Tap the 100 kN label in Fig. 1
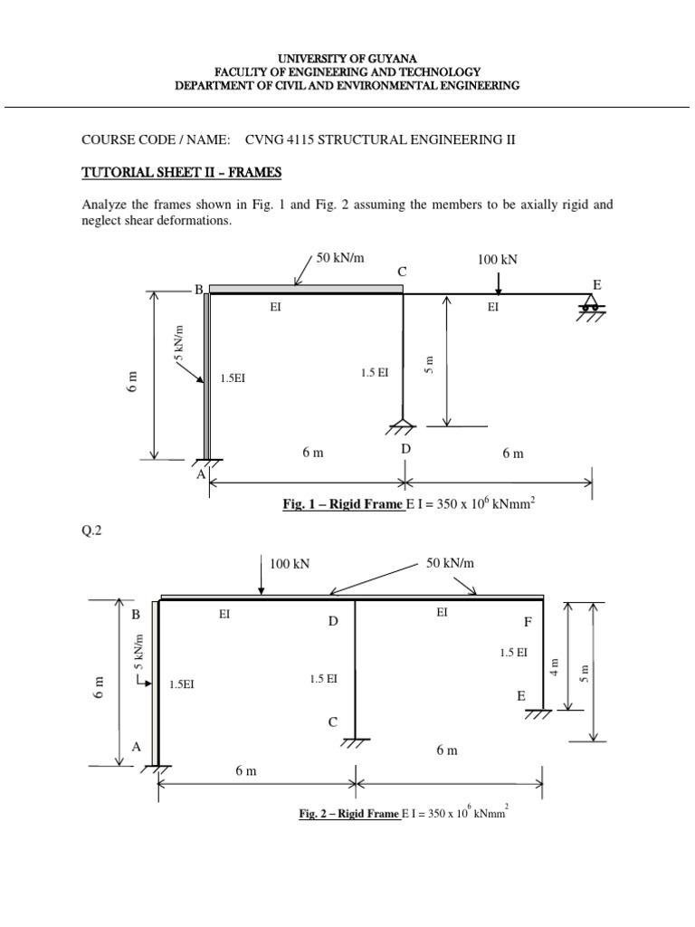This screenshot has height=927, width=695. (x=498, y=260)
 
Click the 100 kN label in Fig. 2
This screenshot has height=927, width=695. (x=290, y=563)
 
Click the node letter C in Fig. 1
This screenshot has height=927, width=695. (x=403, y=272)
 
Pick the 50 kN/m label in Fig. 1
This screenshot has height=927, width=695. (x=339, y=258)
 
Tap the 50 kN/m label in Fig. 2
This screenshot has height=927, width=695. (x=451, y=563)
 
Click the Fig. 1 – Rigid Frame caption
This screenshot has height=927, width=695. (x=343, y=504)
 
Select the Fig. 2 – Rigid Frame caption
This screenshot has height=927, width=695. (x=349, y=814)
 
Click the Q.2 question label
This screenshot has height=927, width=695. (x=93, y=531)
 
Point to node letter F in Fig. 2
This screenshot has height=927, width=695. (x=528, y=623)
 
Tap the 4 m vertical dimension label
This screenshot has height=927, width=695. (x=555, y=666)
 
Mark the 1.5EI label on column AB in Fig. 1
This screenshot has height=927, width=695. (x=233, y=378)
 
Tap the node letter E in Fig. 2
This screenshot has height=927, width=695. (x=520, y=696)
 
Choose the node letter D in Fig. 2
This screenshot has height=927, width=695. (x=333, y=623)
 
